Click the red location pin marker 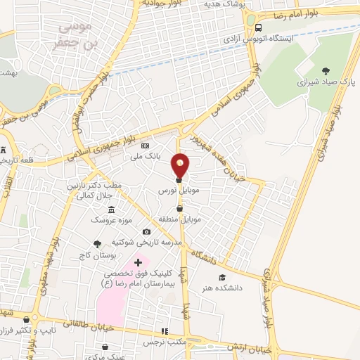[181, 166]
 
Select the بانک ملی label [149, 157]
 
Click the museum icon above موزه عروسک [112, 210]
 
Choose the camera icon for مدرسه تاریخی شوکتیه [146, 232]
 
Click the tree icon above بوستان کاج [97, 243]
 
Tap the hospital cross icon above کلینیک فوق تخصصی [137, 262]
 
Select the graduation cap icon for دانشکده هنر [222, 278]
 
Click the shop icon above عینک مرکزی [105, 347]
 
